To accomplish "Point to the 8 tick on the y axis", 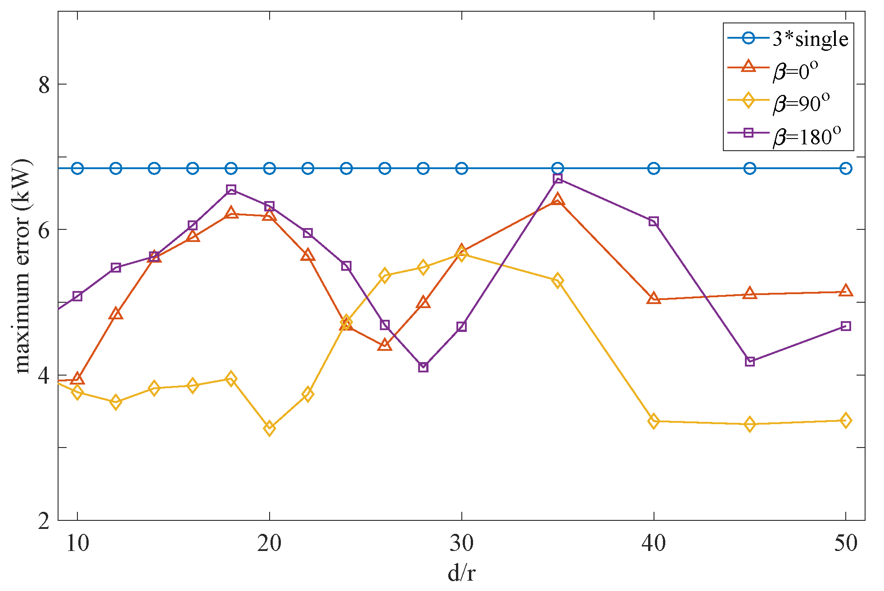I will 44,85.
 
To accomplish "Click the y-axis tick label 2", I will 44,521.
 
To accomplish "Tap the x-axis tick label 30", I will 461,543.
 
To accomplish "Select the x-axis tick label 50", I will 845,543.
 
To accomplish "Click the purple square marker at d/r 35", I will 558,179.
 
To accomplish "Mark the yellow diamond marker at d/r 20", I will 269,428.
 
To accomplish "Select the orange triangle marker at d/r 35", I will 558,200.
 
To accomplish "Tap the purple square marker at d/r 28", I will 423,367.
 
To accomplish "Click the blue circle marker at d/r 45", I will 749,169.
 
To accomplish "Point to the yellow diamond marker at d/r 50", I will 846,421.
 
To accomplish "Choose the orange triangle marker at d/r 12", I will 116,314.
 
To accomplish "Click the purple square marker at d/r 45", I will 749,361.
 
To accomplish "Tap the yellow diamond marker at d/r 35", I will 558,281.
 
